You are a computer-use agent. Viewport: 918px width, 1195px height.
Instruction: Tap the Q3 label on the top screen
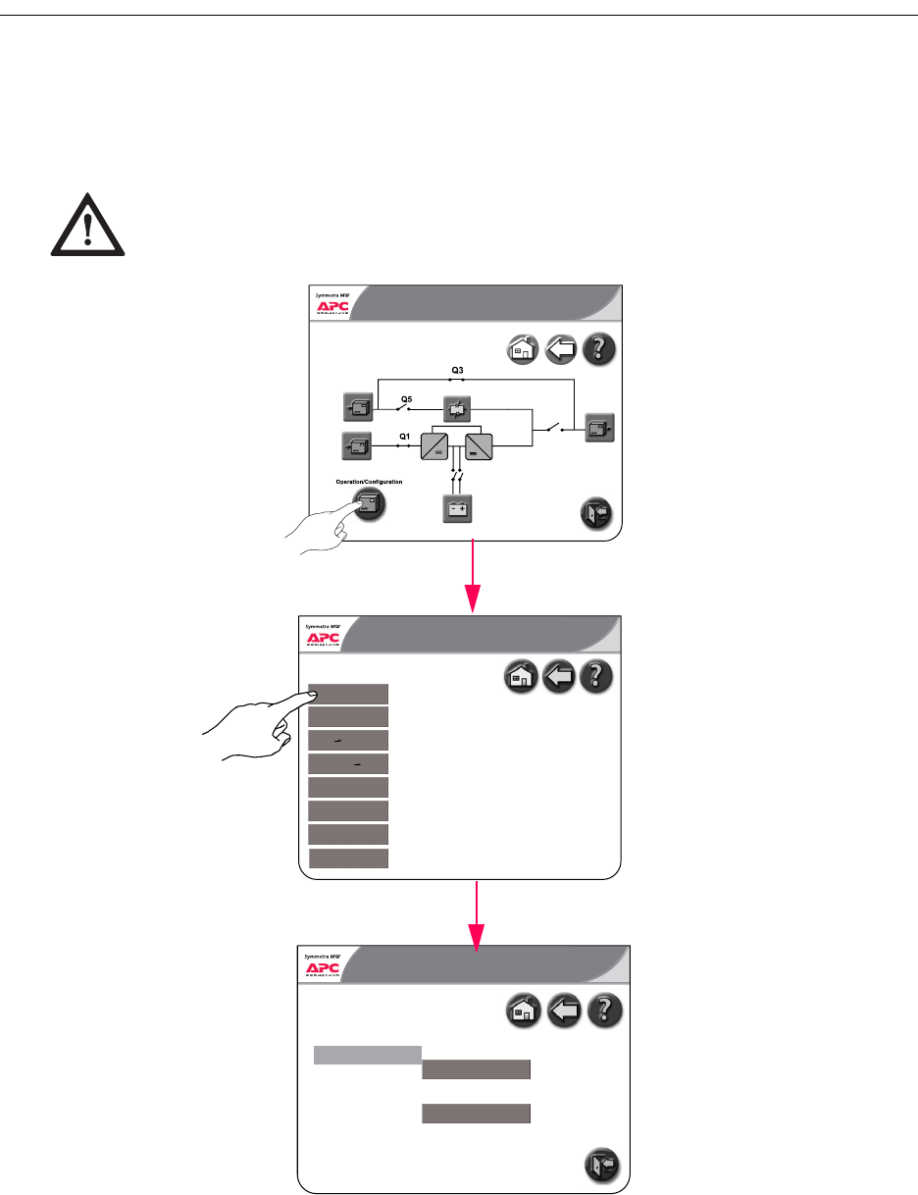point(457,370)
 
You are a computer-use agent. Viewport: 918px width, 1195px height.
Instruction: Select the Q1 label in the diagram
point(403,435)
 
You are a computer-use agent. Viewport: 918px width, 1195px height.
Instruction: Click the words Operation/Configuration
point(369,482)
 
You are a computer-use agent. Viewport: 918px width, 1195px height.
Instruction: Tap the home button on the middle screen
point(520,677)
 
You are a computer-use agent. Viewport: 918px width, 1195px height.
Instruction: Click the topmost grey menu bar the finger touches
point(349,694)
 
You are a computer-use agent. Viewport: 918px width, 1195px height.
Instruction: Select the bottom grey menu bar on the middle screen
point(349,858)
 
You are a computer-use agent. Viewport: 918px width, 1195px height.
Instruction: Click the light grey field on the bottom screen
point(367,1055)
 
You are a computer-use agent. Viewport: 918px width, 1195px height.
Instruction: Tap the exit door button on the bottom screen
point(601,1165)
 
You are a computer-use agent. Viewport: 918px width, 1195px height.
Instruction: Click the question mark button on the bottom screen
point(604,1013)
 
